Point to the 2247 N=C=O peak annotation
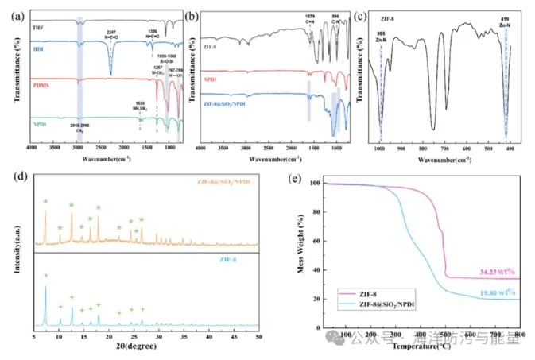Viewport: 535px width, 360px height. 110,35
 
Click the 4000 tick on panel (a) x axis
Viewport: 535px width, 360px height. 32,149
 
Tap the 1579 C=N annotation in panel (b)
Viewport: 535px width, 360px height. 309,17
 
